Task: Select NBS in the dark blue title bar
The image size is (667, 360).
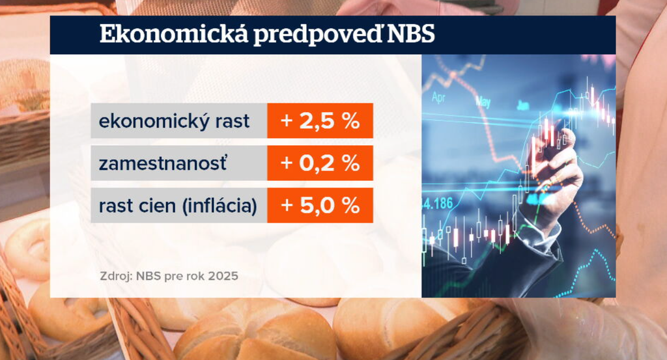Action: coord(411,35)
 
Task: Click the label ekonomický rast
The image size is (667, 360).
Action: coord(174,121)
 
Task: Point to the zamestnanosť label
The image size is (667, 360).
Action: coord(163,163)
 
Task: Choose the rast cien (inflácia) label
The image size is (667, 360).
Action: coord(178,206)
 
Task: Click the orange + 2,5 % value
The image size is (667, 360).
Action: coord(320,121)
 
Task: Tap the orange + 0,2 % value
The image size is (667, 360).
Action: coord(320,163)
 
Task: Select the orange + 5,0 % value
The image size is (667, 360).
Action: coord(320,206)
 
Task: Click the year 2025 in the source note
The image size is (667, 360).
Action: coord(223,276)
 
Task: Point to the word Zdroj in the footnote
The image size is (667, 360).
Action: coord(115,276)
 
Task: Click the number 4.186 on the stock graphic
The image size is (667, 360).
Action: coord(438,204)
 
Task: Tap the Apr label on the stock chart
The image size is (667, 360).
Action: coord(438,98)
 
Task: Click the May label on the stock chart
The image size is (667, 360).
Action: coord(483,102)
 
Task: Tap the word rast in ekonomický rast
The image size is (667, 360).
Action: coord(233,121)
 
